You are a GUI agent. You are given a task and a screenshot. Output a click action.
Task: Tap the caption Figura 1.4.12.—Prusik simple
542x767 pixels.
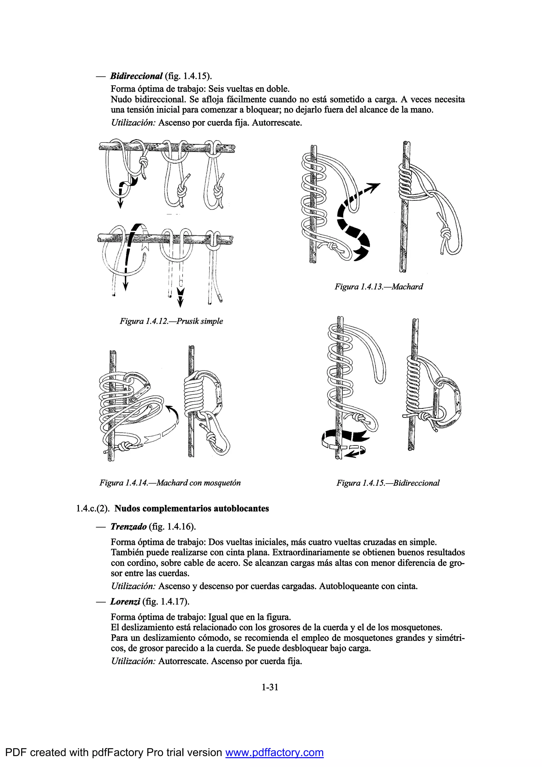[171, 321]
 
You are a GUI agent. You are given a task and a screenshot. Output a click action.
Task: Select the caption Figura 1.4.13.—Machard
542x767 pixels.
[379, 287]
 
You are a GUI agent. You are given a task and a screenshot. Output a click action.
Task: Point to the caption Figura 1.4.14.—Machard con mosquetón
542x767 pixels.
[170, 483]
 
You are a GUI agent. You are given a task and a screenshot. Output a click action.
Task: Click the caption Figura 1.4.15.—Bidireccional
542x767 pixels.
[388, 483]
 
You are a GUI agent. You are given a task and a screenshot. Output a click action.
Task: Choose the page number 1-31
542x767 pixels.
[270, 687]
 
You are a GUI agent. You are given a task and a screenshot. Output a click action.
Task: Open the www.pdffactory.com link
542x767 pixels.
[274, 752]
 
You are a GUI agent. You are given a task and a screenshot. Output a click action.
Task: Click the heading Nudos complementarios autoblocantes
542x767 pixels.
[192, 508]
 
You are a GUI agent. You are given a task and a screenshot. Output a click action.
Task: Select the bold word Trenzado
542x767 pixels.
[129, 527]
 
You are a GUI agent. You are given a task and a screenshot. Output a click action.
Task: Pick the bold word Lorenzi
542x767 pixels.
[125, 602]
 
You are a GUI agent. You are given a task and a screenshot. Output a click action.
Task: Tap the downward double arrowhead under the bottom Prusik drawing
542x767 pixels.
[180, 296]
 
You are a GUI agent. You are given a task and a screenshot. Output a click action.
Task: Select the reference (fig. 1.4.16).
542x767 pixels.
[172, 527]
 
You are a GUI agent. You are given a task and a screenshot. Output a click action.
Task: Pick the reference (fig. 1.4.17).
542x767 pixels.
[166, 602]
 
